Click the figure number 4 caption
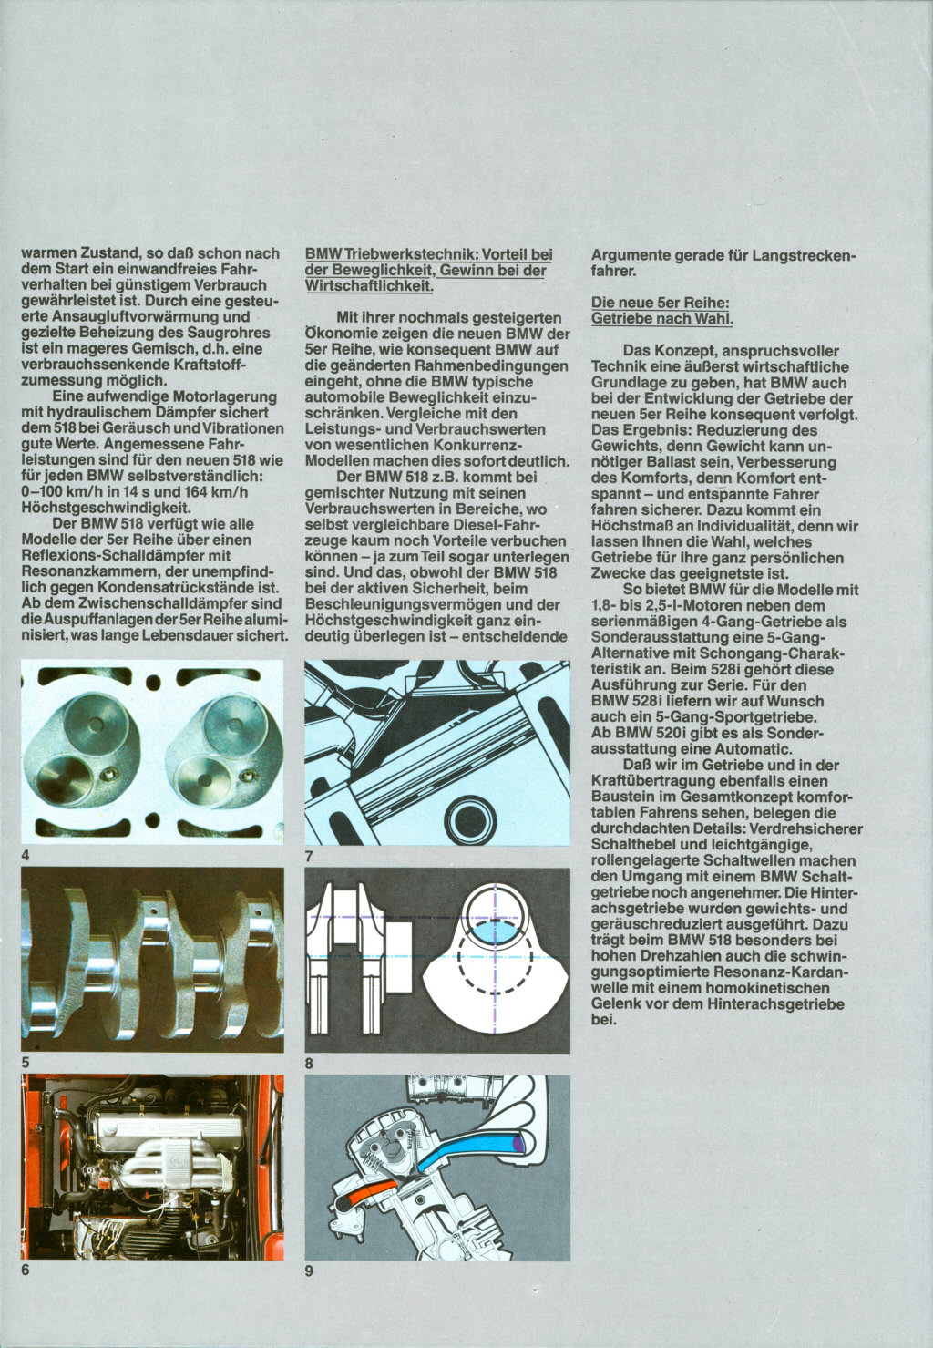26,856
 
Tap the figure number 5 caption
26,1062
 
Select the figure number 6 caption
26,1270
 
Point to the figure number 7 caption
310,856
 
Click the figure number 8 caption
310,1063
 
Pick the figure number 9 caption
310,1270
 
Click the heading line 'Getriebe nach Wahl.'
661,318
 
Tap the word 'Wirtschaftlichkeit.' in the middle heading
369,285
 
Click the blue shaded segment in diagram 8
495,931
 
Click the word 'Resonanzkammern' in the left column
83,571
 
